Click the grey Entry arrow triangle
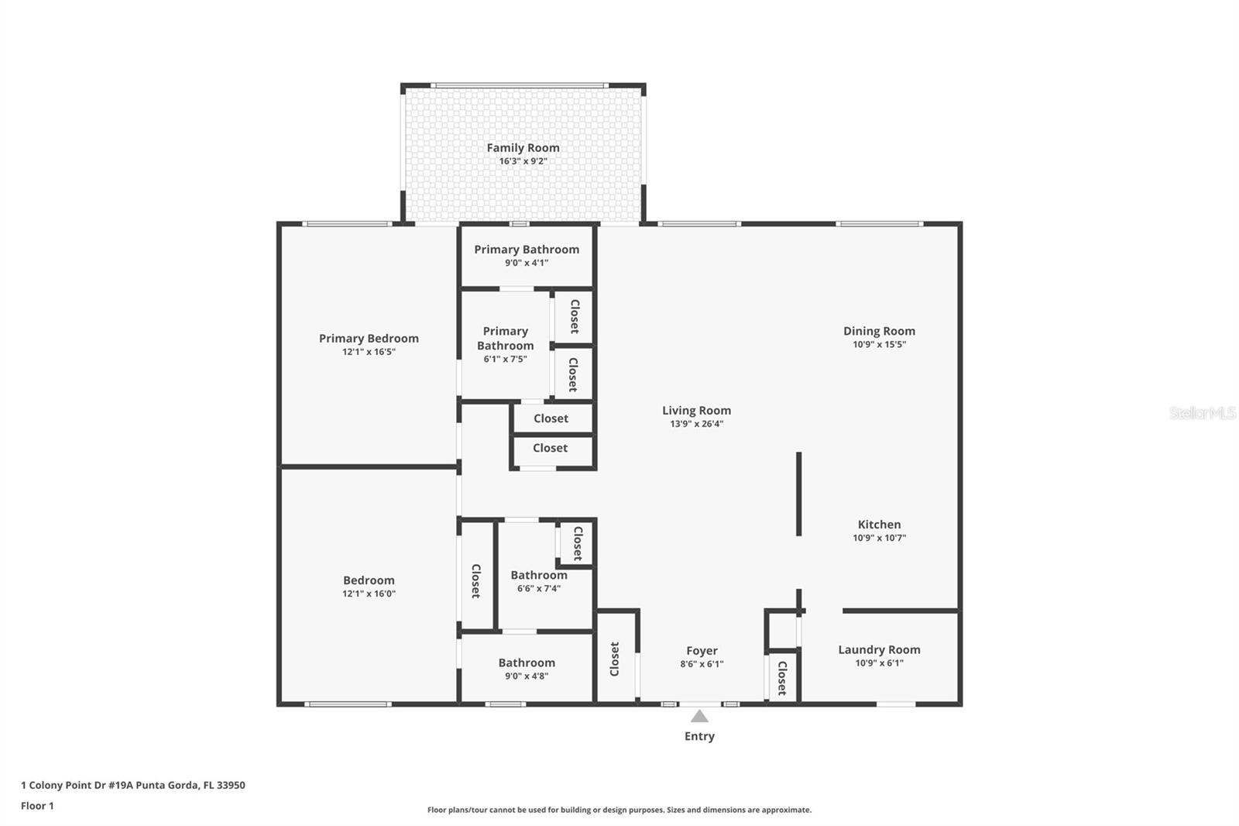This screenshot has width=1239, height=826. click(700, 717)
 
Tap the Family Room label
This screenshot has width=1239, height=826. click(523, 148)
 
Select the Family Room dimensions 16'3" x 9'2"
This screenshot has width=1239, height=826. click(523, 161)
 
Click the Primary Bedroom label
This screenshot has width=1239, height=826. click(369, 339)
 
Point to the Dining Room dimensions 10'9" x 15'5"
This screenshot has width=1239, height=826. click(880, 344)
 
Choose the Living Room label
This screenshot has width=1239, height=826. click(696, 410)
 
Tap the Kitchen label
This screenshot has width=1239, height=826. click(880, 525)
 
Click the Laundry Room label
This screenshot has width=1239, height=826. click(880, 649)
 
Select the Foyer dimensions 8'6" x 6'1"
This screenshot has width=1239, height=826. click(702, 664)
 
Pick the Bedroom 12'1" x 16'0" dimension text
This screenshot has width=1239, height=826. click(369, 594)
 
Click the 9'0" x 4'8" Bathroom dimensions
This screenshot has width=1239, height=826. click(527, 676)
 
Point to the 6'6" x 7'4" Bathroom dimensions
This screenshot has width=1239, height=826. click(539, 588)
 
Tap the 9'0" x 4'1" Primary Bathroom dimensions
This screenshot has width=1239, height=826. click(527, 263)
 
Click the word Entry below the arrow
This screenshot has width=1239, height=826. click(700, 736)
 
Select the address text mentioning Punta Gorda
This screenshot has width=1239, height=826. click(132, 785)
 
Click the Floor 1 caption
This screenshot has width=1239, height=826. click(38, 806)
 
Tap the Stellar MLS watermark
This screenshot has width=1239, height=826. click(1203, 412)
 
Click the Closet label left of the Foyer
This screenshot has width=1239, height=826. click(615, 659)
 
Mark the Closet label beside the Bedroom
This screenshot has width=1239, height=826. click(475, 580)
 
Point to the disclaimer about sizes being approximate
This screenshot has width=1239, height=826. click(619, 810)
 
